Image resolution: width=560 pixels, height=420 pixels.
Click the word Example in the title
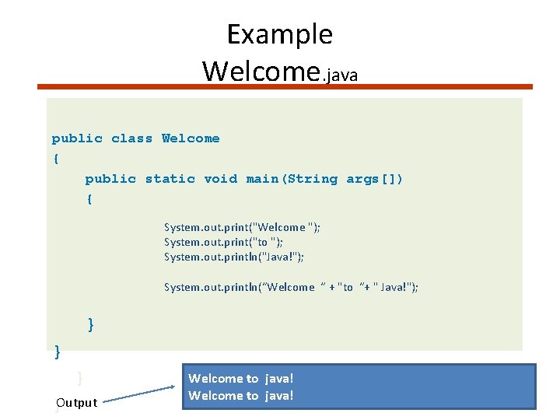click(279, 35)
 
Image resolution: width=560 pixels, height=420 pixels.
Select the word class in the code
click(131, 138)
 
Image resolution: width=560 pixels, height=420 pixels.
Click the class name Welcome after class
click(191, 138)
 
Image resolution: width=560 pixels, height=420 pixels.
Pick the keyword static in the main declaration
click(170, 179)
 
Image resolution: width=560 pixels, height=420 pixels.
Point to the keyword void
click(220, 179)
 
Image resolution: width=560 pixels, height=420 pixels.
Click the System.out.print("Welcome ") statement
click(242, 227)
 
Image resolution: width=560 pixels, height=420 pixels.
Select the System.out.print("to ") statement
click(222, 242)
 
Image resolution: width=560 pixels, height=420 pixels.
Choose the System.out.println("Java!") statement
click(233, 257)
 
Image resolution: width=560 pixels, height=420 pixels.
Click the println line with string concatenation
click(291, 287)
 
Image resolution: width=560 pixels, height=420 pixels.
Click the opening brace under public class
click(55, 159)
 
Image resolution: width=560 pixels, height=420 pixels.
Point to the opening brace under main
click(89, 199)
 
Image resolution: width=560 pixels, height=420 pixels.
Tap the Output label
click(76, 402)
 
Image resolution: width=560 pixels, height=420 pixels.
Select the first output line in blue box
click(241, 379)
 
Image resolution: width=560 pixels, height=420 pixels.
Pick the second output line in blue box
click(241, 395)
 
